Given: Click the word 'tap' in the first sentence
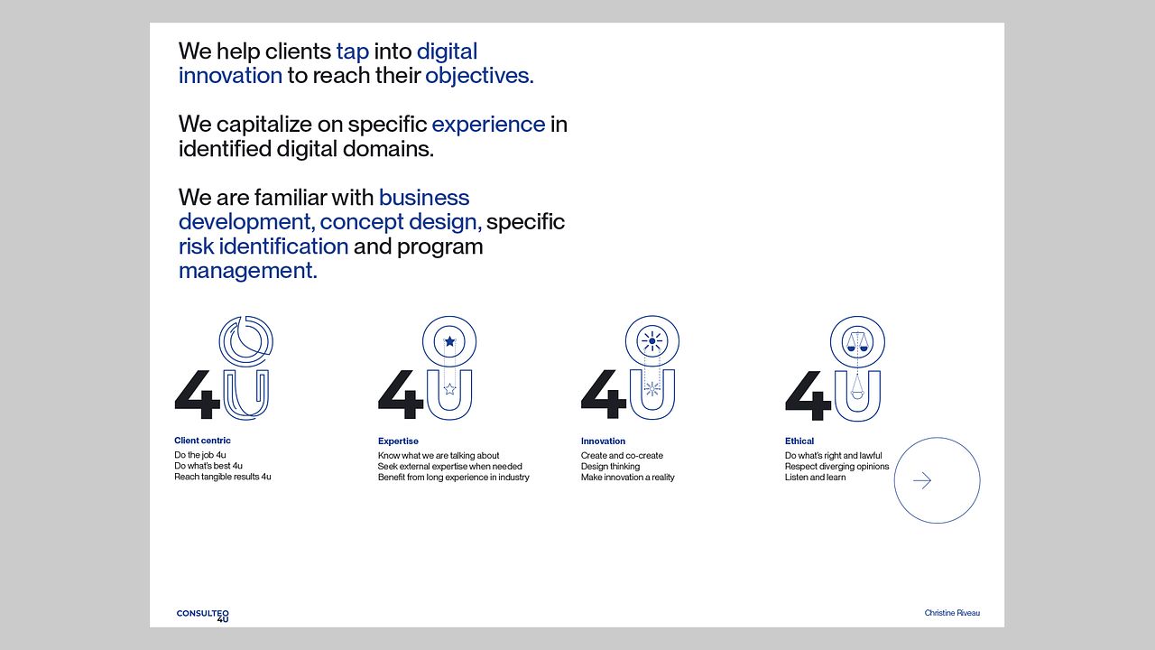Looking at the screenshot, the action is coord(353,52).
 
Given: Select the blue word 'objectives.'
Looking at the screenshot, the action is coord(479,77).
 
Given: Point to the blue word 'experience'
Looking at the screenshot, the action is coord(488,125).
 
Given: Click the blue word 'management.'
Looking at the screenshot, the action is coord(248,270).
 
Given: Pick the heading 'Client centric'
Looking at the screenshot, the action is coord(202,441).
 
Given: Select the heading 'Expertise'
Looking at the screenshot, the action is coord(398,441).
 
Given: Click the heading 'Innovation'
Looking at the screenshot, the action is coord(603,441).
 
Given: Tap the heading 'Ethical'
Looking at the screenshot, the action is coord(799,441).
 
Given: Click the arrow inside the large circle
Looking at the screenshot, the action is coord(922,480).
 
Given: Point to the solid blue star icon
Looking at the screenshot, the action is coord(449,341).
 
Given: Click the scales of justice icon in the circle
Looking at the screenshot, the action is coord(857,342).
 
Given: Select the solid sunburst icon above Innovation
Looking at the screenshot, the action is coord(652,341).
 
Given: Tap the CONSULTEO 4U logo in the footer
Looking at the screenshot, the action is coord(203,616).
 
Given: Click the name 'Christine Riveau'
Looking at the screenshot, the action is coord(952,613).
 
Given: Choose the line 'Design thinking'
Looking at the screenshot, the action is coord(610,467).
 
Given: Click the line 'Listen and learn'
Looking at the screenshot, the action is coord(815,478).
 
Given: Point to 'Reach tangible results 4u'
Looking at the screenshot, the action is coord(223,477).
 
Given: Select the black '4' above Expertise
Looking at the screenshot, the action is coord(402,395).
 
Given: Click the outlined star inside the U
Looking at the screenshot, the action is coord(449,389).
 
